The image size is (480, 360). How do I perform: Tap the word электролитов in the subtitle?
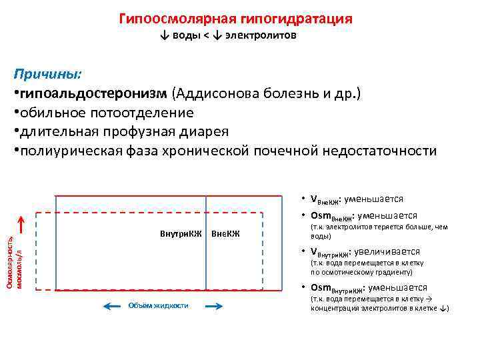(261, 36)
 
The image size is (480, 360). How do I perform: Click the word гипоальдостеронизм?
(94, 93)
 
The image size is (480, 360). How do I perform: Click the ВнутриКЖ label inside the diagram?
(181, 234)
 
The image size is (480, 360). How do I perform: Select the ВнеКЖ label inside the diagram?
(225, 234)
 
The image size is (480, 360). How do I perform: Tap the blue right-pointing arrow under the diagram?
(213, 306)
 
